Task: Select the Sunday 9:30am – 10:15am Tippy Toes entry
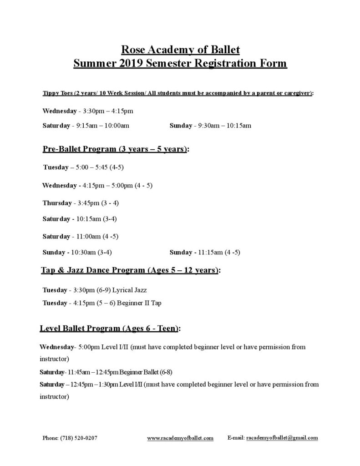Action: pos(210,125)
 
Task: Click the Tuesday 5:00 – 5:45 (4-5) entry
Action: pos(83,167)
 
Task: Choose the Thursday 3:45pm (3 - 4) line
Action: pos(81,203)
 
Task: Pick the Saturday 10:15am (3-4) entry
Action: pos(80,219)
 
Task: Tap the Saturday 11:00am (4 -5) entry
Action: pos(81,236)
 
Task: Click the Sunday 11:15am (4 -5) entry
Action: pos(205,252)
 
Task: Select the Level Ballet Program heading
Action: pos(111,328)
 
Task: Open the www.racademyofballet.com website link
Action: pos(180,438)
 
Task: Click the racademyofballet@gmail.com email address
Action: pos(282,438)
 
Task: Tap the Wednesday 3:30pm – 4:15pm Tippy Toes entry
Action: pos(88,111)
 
